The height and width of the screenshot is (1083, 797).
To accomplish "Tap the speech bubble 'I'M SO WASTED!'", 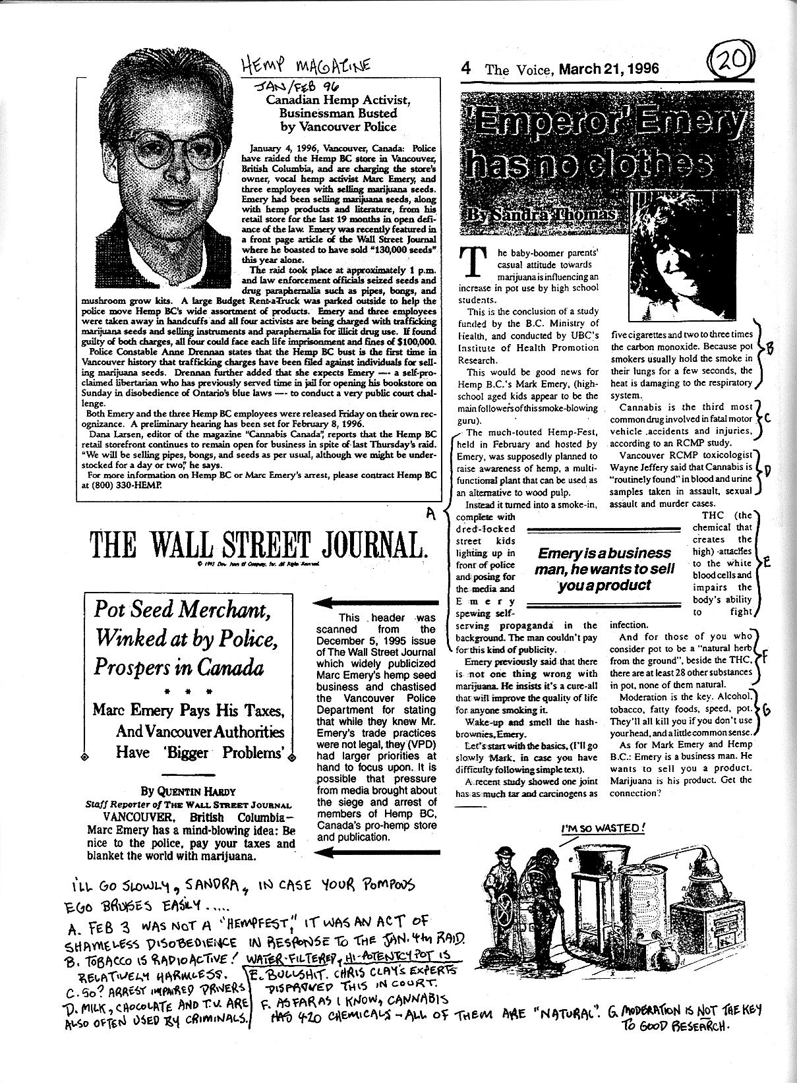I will [x=603, y=829].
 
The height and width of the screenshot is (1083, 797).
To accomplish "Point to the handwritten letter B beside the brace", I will [x=770, y=349].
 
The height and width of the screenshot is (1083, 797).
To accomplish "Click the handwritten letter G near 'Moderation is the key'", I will [x=767, y=710].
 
